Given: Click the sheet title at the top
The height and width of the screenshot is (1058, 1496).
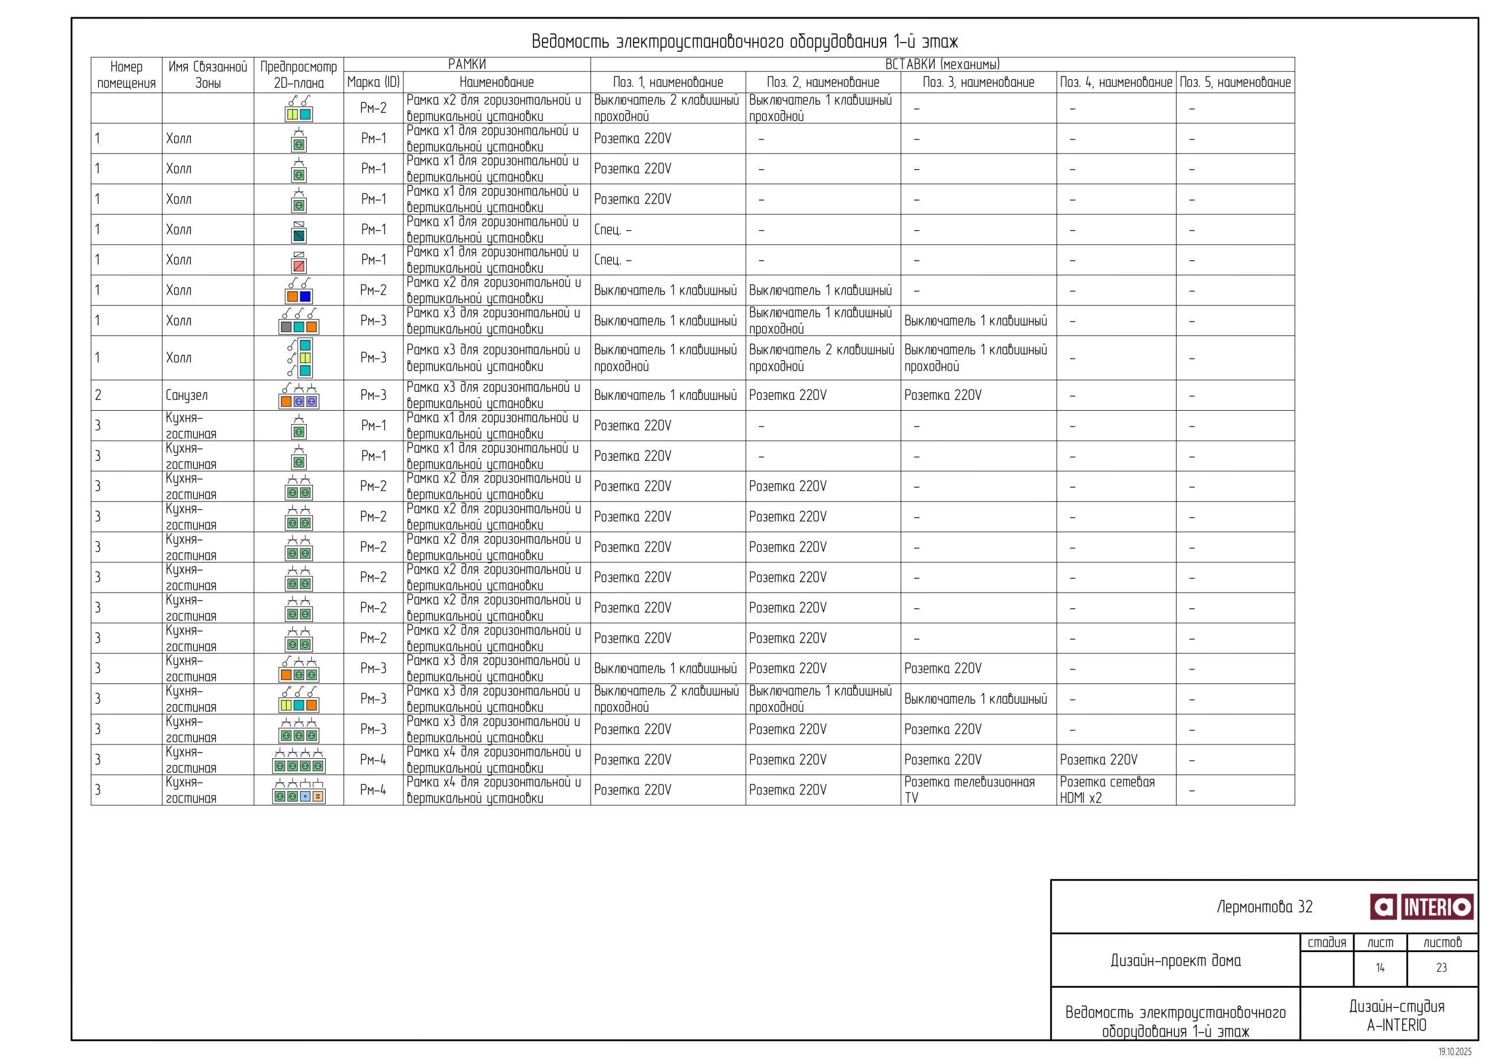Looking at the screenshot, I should [x=744, y=41].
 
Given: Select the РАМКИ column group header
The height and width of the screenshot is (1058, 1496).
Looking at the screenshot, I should [x=467, y=64].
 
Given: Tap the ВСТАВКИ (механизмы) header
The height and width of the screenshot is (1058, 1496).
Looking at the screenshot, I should [x=941, y=64].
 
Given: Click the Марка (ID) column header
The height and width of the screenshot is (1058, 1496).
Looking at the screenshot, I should [x=373, y=83].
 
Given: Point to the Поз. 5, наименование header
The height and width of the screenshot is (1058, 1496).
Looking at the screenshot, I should [x=1235, y=83].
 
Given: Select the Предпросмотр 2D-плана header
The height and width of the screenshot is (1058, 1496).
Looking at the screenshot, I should [x=299, y=75].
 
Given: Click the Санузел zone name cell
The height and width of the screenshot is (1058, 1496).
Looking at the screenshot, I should [x=187, y=395].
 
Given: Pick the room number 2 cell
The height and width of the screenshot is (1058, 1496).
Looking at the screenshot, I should [x=98, y=395].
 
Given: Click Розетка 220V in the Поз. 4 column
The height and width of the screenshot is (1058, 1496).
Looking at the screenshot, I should [x=1098, y=759].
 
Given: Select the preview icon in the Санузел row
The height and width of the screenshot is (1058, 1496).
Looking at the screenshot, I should [x=299, y=396].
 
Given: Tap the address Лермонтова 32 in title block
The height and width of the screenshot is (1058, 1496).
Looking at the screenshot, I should [x=1264, y=907].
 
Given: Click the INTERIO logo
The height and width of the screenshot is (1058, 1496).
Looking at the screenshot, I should [x=1421, y=907].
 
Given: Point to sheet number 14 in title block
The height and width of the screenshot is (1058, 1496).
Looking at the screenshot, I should [x=1379, y=968].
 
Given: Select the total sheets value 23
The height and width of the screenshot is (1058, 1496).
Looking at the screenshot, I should [x=1441, y=968].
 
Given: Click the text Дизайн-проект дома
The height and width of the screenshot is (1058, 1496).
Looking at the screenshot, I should [x=1176, y=960].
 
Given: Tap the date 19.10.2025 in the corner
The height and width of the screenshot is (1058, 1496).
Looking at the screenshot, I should [x=1455, y=1052].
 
